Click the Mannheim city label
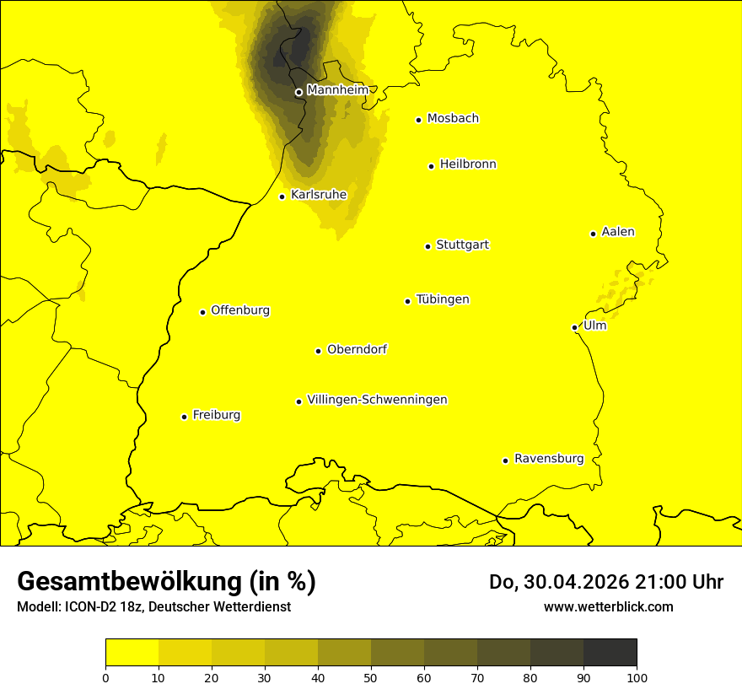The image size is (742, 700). tap(337, 90)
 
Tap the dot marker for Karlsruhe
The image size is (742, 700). tap(282, 197)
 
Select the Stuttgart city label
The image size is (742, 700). tap(462, 245)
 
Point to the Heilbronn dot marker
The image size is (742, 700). tap(431, 166)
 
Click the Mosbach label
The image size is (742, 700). tap(453, 119)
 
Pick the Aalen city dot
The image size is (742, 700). tap(593, 234)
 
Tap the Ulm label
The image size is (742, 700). tap(594, 326)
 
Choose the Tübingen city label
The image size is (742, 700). tap(443, 299)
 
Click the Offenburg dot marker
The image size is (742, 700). tap(202, 312)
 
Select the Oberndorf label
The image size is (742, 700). tap(357, 349)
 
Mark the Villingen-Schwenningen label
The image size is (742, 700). tap(377, 400)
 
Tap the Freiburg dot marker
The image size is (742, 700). tap(184, 417)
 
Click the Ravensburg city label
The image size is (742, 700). tap(549, 459)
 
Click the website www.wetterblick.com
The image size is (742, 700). tap(608, 606)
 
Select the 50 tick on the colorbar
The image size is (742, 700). tap(371, 676)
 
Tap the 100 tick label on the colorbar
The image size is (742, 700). tap(637, 676)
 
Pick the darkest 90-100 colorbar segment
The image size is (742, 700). tap(610, 653)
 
